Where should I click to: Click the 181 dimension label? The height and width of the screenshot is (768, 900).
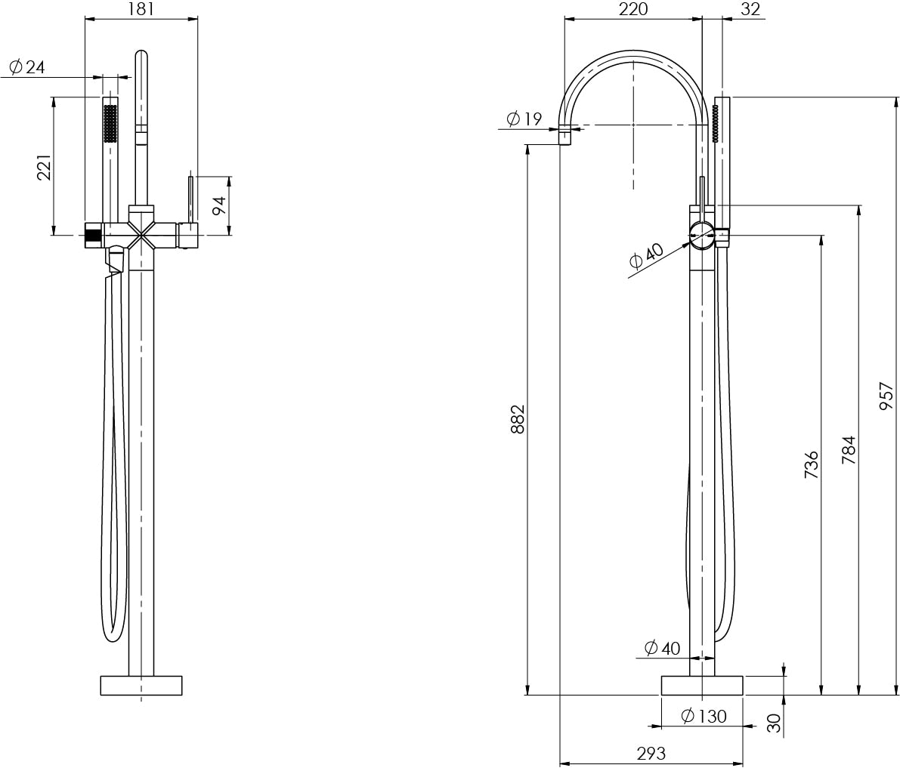point(141,8)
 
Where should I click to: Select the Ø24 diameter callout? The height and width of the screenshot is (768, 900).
point(27,67)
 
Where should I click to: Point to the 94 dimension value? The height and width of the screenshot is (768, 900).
point(218,205)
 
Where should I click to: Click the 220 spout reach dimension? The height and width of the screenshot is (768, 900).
point(633,8)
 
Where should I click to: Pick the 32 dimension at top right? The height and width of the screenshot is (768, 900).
point(750,8)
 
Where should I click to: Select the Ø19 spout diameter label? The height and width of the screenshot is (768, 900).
point(524,119)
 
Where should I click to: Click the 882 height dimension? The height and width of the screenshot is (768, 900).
point(518,419)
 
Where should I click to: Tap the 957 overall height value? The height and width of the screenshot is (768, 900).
point(886,396)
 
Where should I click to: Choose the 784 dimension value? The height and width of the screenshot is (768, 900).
point(849,450)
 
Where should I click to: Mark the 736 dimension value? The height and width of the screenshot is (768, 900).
point(811,465)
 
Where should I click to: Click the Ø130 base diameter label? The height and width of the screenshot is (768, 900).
point(704,716)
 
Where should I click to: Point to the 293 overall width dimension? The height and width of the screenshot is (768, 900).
point(651,752)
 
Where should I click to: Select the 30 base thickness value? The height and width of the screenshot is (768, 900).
point(775,723)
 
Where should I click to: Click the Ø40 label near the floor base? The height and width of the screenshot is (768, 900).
point(662,648)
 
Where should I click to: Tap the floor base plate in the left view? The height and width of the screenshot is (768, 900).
point(141,686)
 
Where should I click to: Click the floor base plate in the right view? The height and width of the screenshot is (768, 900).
point(702,686)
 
